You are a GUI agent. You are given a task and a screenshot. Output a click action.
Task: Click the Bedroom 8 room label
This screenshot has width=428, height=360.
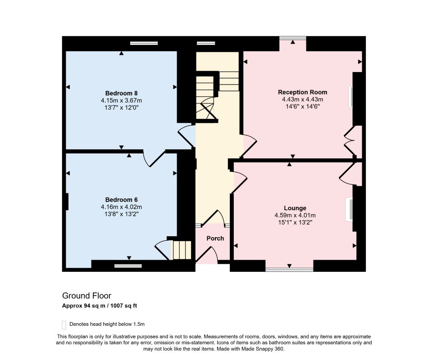pos(122,93)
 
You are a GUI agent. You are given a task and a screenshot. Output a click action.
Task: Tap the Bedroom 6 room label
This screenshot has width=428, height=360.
pos(122,200)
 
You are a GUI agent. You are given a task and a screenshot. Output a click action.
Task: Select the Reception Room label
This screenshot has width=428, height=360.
pos(302,92)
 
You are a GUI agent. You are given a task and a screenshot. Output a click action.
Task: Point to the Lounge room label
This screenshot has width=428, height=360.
pos(295,208)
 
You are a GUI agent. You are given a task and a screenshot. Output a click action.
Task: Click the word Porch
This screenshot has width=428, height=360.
pos(215,238)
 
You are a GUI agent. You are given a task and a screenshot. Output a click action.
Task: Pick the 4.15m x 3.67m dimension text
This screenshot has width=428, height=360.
pos(122,101)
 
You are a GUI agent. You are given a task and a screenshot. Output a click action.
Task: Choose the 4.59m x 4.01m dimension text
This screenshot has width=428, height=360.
pos(295,216)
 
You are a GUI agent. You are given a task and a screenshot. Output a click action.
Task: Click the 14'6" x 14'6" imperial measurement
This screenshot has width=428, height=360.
pos(302,107)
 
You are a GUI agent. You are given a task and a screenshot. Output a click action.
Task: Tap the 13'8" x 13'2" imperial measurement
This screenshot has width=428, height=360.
pos(122,214)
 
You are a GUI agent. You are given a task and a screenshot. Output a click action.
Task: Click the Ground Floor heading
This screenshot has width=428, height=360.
pos(87,296)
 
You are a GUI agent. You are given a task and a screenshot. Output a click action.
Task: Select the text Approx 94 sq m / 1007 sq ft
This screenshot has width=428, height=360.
pos(100,306)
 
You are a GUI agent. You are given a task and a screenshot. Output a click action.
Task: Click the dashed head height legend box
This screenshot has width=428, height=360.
pos(64,325)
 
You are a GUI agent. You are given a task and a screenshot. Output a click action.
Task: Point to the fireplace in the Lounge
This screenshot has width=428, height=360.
pos(350,210)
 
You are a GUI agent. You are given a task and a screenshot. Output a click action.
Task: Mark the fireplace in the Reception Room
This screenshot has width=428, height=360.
pos(351,97)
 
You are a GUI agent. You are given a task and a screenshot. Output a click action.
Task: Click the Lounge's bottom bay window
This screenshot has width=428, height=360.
pos(289,270)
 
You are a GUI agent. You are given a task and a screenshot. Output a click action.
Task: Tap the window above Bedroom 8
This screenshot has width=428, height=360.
pos(144,43)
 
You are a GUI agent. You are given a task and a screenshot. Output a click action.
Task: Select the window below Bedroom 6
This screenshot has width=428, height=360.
pos(128,266)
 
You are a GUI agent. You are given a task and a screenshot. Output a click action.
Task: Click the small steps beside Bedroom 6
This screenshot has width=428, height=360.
pos(181,250)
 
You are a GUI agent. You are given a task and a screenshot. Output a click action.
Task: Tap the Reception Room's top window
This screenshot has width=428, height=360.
pos(292,38)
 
